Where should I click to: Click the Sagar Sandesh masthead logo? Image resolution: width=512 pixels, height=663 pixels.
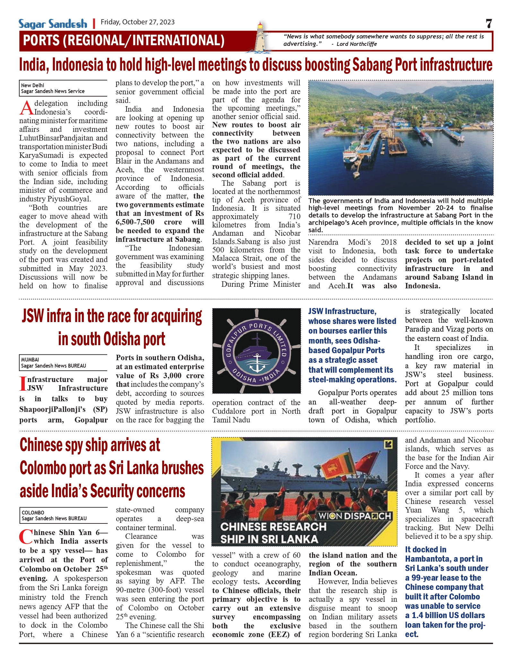(53, 24)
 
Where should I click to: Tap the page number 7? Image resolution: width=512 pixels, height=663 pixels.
(489, 23)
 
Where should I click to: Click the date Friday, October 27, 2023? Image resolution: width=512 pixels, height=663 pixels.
(138, 22)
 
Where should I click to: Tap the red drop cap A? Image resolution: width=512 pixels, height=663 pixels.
(26, 108)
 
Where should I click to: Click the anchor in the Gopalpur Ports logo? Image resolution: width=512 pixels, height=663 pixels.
(257, 362)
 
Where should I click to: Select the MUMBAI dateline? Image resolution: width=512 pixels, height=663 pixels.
(30, 360)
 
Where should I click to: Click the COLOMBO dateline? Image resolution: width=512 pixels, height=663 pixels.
(33, 513)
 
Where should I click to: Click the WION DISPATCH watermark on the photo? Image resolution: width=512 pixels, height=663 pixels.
(354, 516)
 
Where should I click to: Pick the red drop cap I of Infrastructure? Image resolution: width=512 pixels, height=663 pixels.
(22, 384)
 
